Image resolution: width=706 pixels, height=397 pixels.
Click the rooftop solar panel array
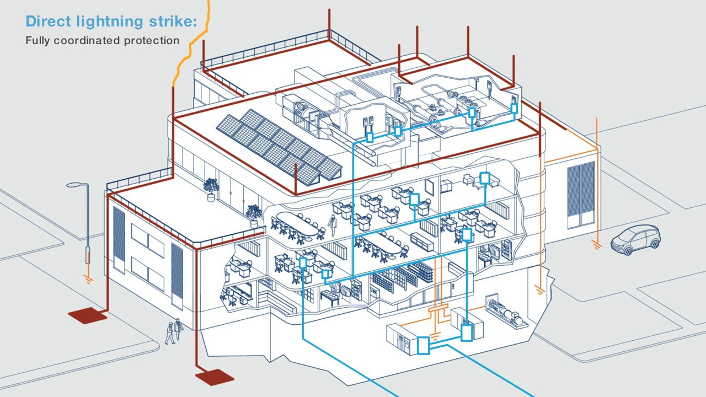tap(279, 145)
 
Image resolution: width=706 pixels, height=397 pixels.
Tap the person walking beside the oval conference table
tap(333, 224)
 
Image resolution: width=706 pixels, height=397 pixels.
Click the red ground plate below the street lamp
tap(88, 315)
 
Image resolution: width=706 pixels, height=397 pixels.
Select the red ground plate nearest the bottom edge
tap(215, 377)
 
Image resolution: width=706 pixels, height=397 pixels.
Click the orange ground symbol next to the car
tap(597, 244)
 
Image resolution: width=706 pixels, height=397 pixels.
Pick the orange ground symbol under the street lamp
tap(88, 279)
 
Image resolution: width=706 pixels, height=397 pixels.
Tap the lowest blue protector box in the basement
tap(423, 346)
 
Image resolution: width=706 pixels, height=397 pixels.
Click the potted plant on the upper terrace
tap(211, 188)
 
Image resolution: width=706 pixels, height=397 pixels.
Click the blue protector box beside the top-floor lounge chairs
tap(485, 178)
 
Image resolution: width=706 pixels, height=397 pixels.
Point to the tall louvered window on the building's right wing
tap(581, 194)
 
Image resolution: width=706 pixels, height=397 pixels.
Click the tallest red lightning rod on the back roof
tap(329, 25)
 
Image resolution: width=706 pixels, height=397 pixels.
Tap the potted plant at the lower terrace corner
tap(254, 214)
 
